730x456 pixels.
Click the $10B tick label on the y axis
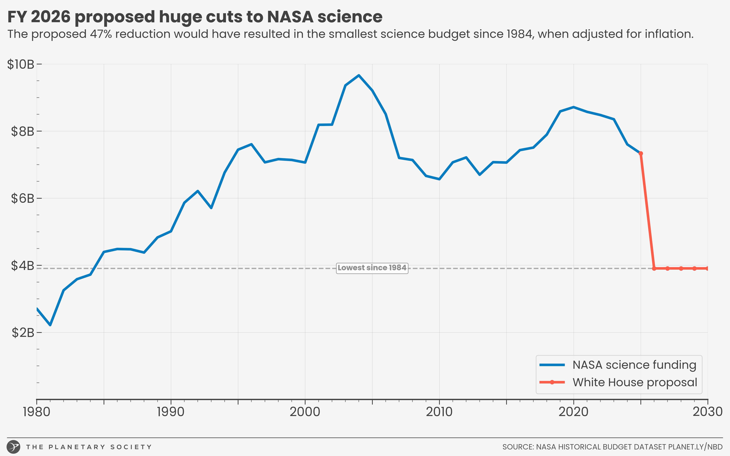pos(21,65)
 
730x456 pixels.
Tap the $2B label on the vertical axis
pos(23,333)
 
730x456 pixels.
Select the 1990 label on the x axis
pos(171,412)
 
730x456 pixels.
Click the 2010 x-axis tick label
pos(439,412)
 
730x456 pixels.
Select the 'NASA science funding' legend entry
pos(634,365)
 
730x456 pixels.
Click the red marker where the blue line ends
pos(641,154)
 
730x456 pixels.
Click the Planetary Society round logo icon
pos(14,447)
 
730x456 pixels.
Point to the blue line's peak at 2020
pos(574,107)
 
